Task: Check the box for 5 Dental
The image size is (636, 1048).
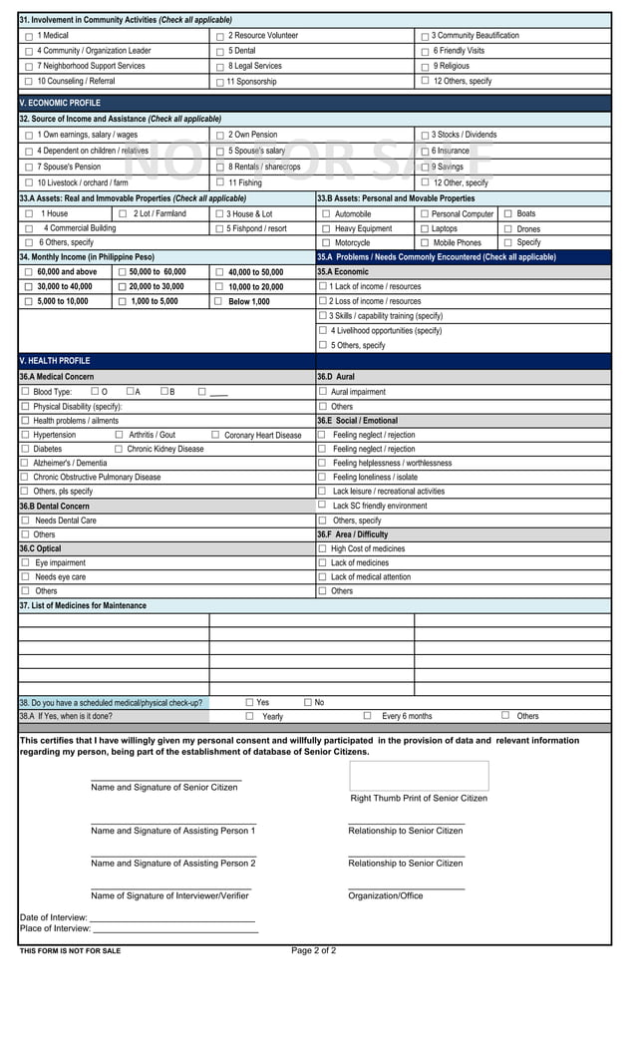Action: [220, 51]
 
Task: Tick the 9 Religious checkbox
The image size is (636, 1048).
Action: [426, 67]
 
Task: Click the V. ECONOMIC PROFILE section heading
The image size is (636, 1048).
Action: [60, 103]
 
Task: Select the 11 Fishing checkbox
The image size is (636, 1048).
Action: [220, 182]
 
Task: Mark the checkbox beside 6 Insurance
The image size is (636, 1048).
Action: [426, 152]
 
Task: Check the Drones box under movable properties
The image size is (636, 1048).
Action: [508, 228]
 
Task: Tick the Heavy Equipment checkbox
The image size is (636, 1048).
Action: [326, 228]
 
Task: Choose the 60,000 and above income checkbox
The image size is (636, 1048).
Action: [28, 272]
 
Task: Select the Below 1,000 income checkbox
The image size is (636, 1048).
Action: [218, 301]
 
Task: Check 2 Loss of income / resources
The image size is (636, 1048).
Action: [323, 301]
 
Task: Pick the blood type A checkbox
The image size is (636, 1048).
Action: [131, 391]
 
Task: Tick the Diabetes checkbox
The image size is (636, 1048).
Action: [25, 449]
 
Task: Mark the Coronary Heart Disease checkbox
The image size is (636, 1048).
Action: [215, 435]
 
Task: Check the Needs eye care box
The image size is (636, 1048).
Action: [26, 576]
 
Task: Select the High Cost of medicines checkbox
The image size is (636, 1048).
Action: [323, 548]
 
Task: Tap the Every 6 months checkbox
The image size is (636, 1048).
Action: [367, 715]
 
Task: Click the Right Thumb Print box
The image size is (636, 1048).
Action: [419, 776]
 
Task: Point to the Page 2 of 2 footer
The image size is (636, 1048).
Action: [313, 950]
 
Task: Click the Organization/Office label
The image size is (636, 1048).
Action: [385, 895]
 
